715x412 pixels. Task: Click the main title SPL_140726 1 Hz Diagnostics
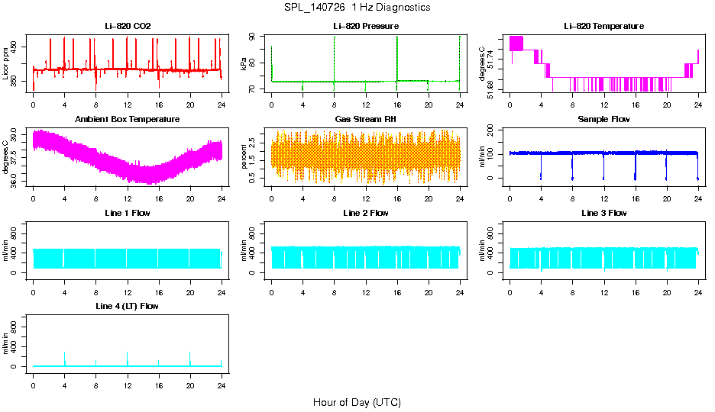pyautogui.click(x=357, y=7)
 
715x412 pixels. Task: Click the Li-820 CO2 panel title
pyautogui.click(x=128, y=26)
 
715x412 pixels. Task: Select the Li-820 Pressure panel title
pyautogui.click(x=365, y=26)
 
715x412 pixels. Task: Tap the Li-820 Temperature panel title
pyautogui.click(x=603, y=26)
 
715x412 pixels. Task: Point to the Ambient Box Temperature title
pyautogui.click(x=128, y=120)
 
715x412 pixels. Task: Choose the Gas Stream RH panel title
pyautogui.click(x=365, y=120)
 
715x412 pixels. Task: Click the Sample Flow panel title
pyautogui.click(x=603, y=120)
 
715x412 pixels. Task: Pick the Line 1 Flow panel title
pyautogui.click(x=128, y=213)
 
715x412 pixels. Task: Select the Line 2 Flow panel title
pyautogui.click(x=365, y=213)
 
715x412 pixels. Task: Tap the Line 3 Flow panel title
pyautogui.click(x=603, y=213)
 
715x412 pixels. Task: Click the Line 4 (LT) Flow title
pyautogui.click(x=128, y=306)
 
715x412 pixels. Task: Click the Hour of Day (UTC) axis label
pyautogui.click(x=357, y=402)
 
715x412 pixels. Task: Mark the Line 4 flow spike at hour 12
pyautogui.click(x=128, y=357)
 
